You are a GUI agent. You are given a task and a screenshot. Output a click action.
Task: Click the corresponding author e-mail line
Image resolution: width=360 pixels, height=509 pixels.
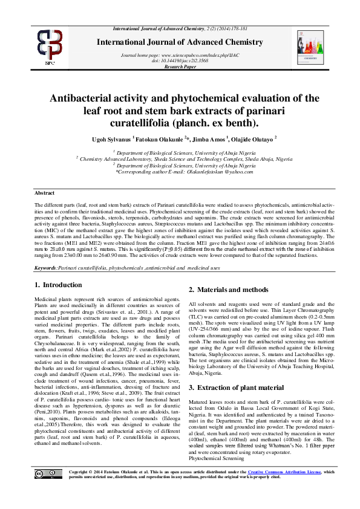tap(180, 172)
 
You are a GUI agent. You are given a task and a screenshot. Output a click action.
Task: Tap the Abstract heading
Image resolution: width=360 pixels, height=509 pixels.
tap(44, 192)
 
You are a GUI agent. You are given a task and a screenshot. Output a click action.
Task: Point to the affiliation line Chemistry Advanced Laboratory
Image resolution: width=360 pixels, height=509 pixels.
tap(180, 159)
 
